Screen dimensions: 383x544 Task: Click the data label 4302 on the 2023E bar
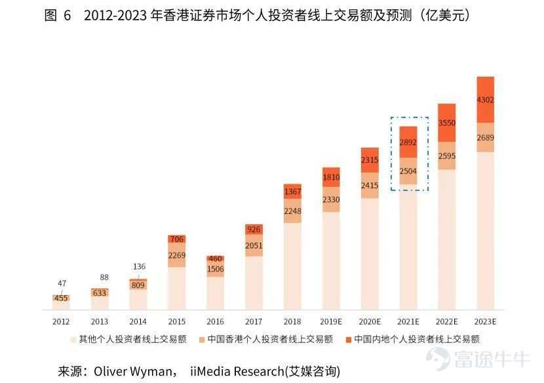point(486,100)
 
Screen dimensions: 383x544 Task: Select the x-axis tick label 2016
point(215,321)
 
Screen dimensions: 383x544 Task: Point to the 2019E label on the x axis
point(331,321)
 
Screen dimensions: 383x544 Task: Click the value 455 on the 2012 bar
point(61,298)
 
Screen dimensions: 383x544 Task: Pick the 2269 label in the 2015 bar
point(177,256)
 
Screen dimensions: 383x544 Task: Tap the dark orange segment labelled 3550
point(447,123)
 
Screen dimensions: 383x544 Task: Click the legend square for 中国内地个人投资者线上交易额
point(349,340)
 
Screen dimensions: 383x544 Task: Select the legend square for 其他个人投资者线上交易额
point(73,340)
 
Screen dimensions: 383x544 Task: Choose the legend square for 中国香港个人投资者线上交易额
point(201,340)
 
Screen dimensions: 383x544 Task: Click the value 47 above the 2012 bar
point(62,283)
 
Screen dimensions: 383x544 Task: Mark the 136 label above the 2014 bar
point(139,266)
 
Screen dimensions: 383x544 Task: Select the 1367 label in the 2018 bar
point(292,191)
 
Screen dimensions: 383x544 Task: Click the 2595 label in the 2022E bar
point(447,155)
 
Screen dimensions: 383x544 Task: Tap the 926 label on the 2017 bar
point(254,230)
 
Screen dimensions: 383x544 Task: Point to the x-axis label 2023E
point(486,321)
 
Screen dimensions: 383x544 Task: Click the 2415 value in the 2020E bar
point(370,185)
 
